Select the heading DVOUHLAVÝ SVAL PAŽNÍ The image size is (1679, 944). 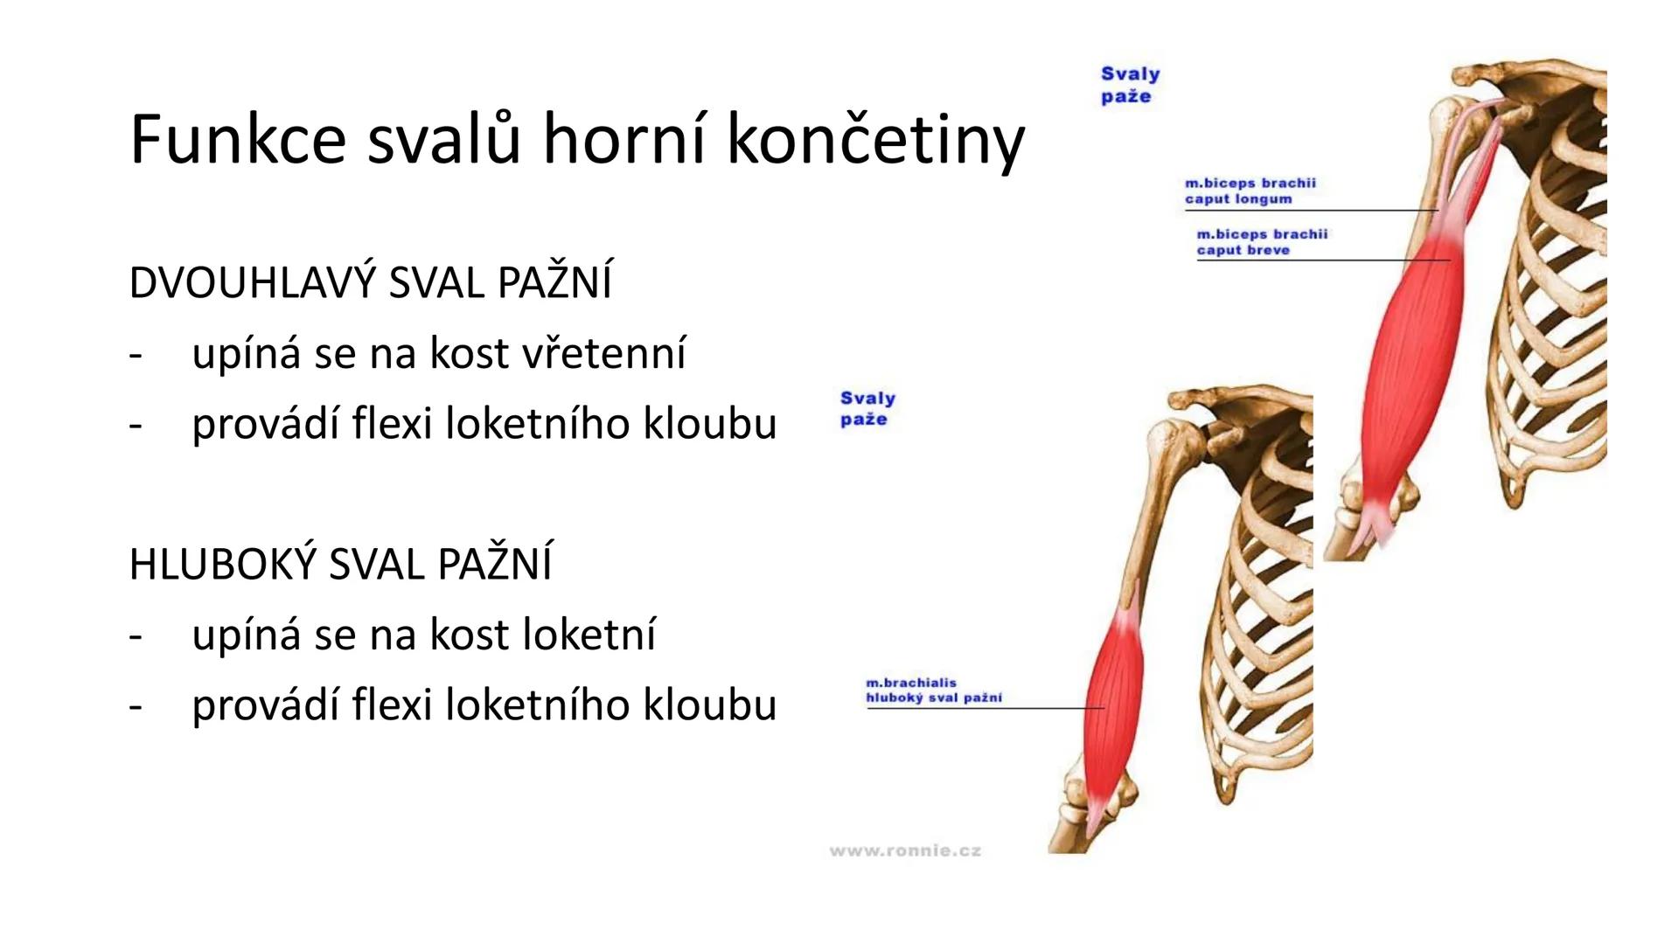click(x=370, y=283)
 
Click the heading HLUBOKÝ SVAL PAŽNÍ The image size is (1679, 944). click(x=340, y=564)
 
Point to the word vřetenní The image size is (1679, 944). click(x=603, y=354)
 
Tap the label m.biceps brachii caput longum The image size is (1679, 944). click(x=1250, y=191)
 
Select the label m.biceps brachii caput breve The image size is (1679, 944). click(x=1261, y=242)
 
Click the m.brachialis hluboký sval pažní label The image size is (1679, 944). click(x=933, y=691)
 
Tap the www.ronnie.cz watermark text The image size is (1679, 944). click(x=905, y=850)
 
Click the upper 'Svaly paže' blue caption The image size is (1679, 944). click(x=1129, y=86)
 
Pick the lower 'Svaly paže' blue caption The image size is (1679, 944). click(x=867, y=409)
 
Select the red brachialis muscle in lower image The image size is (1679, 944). click(x=1111, y=699)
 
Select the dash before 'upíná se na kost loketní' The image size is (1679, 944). click(x=135, y=635)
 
